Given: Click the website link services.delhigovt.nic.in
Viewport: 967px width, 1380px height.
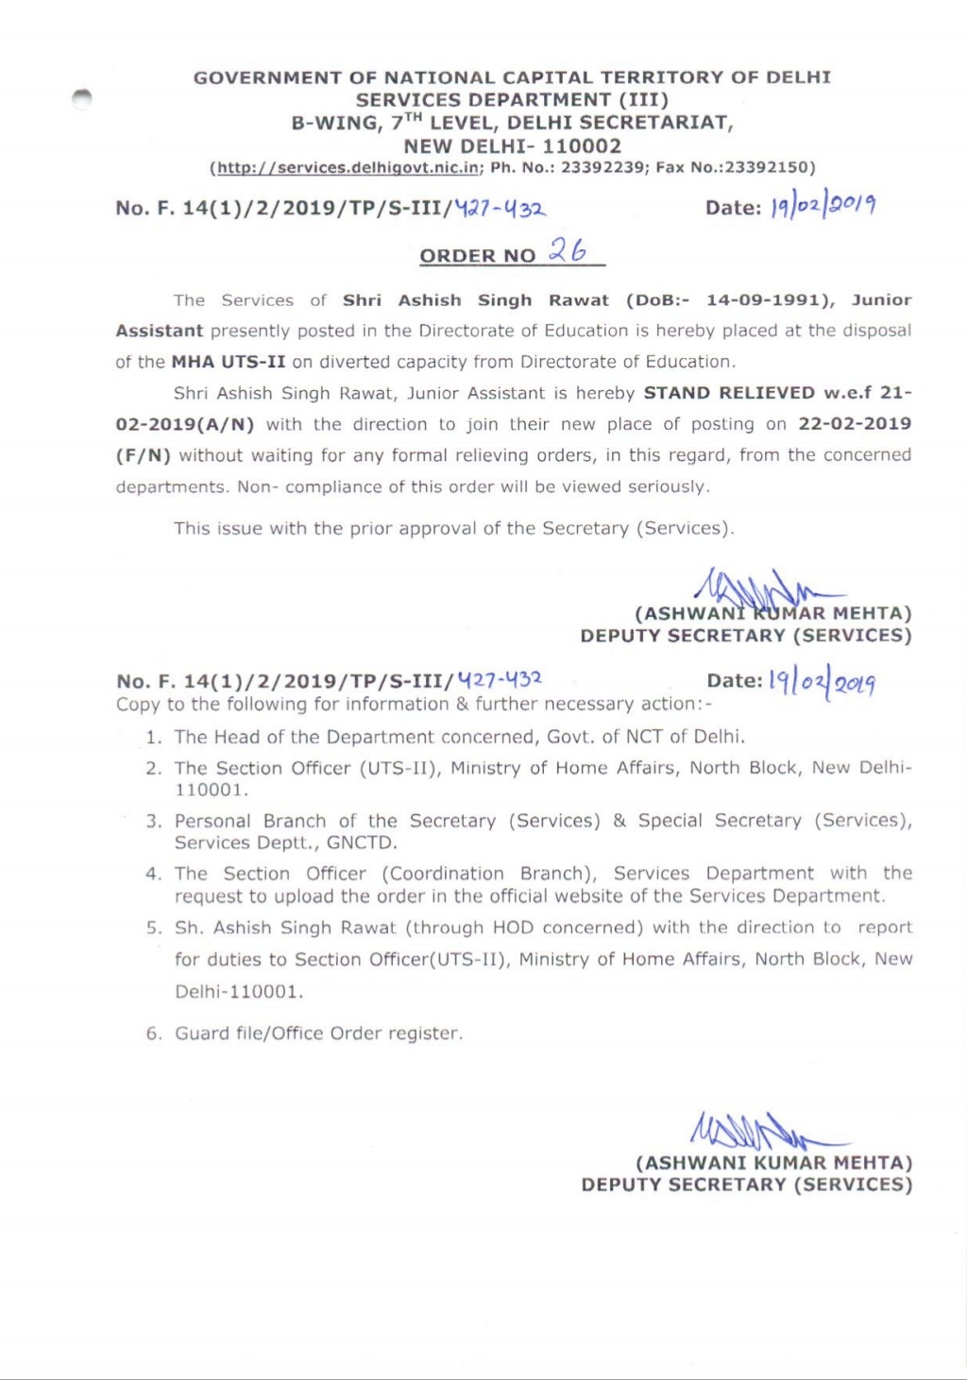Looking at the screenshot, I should click(348, 168).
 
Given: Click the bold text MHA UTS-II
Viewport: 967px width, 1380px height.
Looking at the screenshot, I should click(228, 362).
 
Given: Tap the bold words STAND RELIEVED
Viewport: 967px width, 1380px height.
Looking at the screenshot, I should click(729, 393).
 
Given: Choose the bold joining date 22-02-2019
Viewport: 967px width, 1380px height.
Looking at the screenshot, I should click(855, 424).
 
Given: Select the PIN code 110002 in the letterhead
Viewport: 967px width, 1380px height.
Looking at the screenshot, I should click(582, 146).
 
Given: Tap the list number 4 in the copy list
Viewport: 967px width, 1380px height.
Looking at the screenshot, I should click(153, 875).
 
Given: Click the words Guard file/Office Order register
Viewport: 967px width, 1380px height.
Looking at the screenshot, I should click(318, 1033).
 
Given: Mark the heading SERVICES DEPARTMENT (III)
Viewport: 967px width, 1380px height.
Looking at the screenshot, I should click(512, 100).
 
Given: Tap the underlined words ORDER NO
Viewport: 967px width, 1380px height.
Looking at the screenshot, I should click(477, 256).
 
